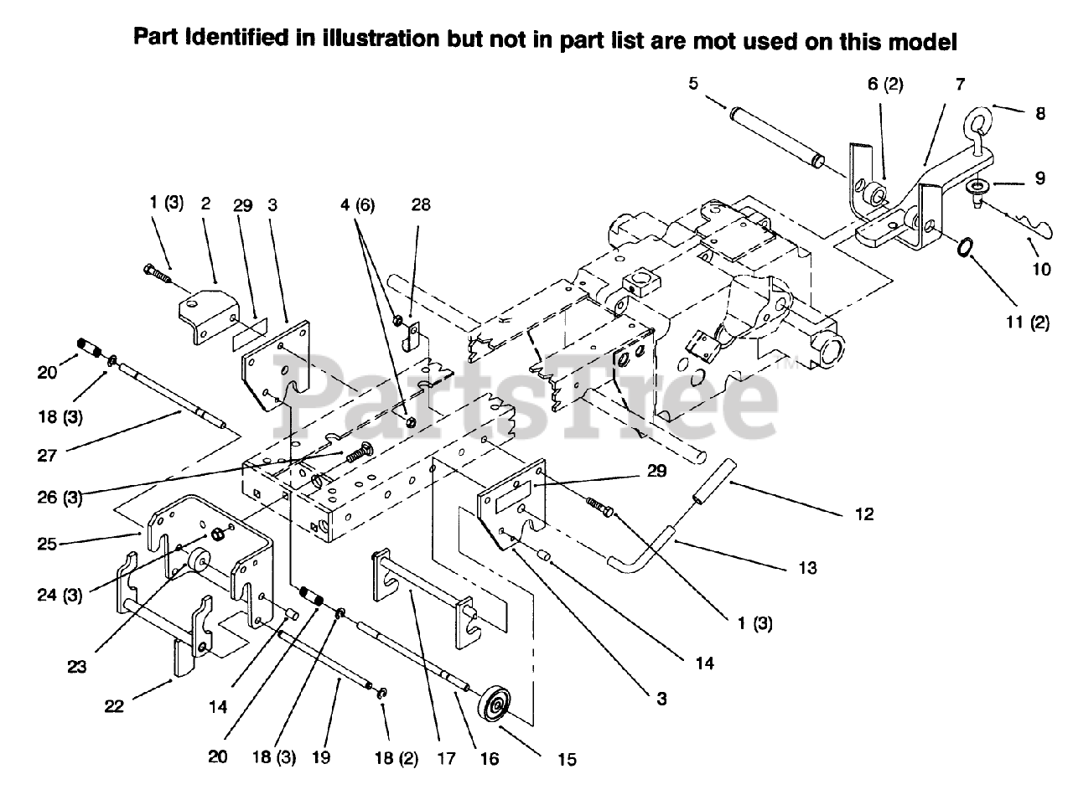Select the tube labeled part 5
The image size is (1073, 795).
[776, 136]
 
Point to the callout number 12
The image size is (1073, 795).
[863, 514]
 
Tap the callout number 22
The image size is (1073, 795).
[113, 705]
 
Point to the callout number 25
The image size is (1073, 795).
[47, 544]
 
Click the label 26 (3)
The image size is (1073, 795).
[60, 499]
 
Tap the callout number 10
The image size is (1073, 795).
[1040, 271]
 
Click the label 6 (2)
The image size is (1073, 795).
[884, 85]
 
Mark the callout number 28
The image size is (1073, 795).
[421, 205]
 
